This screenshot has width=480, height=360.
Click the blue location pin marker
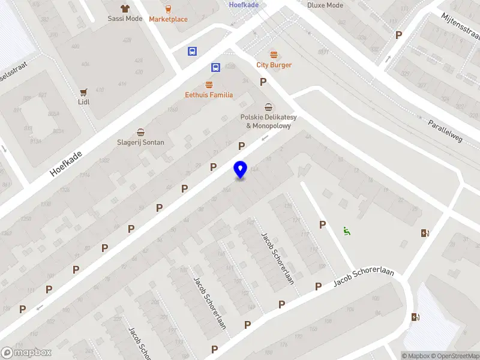point(240,170)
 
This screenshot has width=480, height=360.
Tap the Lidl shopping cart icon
point(84,92)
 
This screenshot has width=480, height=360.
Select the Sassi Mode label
point(125,19)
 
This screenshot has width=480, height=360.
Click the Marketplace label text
point(168,19)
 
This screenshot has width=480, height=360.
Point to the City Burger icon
point(274,55)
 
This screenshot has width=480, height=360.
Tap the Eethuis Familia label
point(209,95)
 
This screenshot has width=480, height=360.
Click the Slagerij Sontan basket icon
point(140,133)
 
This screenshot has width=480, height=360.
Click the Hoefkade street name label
point(66,163)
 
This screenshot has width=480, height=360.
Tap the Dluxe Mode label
point(325,5)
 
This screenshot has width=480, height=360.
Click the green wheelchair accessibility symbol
point(346,230)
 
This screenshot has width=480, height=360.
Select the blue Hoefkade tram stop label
point(244,4)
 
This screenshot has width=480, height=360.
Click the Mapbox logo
point(26,353)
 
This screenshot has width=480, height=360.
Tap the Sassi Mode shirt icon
point(125,8)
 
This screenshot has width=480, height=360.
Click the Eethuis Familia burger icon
point(209,85)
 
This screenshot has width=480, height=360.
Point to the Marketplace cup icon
point(168,9)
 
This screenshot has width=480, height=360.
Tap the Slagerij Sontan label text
point(140,142)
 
